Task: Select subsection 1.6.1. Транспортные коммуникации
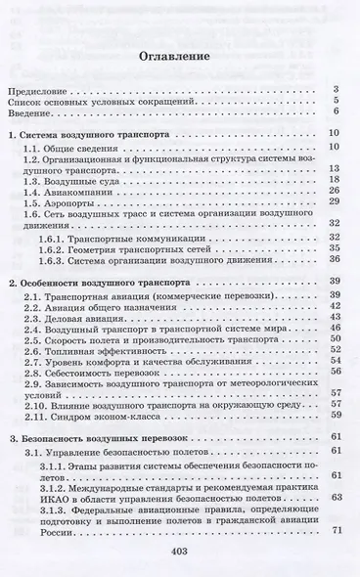pos(118,237)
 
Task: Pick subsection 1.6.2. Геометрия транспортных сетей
pos(121,248)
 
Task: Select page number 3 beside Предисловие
pos(336,89)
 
